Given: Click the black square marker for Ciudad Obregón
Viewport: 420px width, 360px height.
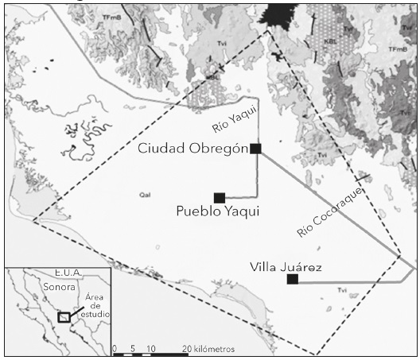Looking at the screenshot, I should coord(255,149).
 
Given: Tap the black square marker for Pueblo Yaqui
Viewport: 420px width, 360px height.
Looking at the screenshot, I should coord(220,197).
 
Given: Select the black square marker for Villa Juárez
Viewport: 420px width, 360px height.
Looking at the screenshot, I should coord(293,279).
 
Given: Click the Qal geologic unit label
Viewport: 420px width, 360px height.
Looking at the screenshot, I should coord(145,194).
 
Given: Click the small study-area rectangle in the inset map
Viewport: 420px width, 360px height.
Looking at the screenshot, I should coord(64,318).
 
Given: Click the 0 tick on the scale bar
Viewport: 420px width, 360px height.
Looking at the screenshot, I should coord(115,349).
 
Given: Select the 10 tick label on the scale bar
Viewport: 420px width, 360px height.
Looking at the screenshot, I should coord(151,349).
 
